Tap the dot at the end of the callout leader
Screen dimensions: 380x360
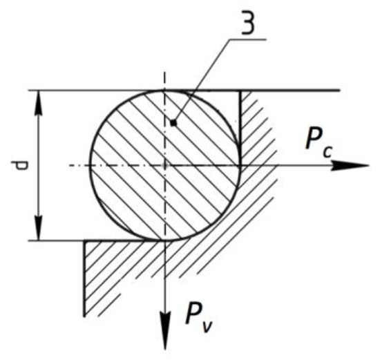point(175,123)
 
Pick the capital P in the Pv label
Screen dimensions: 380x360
point(193,316)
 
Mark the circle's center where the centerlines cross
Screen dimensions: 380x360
point(165,166)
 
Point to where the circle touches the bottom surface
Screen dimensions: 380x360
point(165,240)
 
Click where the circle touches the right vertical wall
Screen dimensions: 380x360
point(240,166)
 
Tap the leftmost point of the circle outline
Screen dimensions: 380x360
point(91,166)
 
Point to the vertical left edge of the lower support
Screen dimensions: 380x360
point(84,276)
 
